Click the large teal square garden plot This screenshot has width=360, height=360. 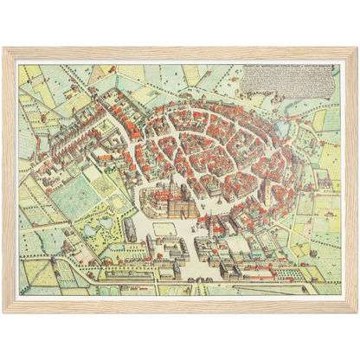tap(73, 196)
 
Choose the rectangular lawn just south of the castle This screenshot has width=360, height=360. tap(165, 228)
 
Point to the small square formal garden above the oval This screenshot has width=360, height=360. tap(112, 182)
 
